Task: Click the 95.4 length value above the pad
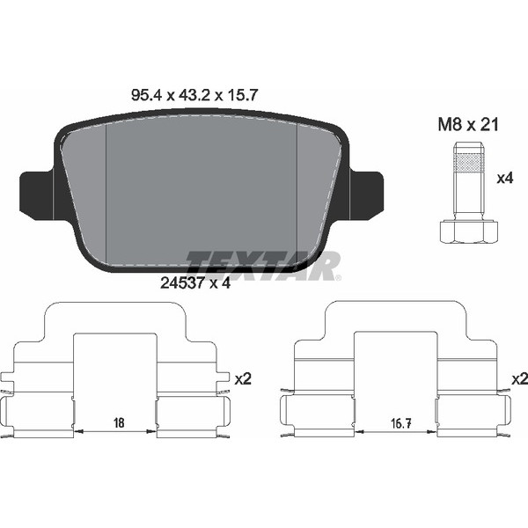point(146,95)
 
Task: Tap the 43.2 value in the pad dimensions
point(194,95)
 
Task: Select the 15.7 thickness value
point(242,95)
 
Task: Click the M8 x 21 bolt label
point(468,125)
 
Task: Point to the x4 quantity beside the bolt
point(505,178)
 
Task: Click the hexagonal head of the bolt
point(468,231)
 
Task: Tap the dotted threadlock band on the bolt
point(468,162)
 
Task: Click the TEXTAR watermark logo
point(263,266)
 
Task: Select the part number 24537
point(182,283)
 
